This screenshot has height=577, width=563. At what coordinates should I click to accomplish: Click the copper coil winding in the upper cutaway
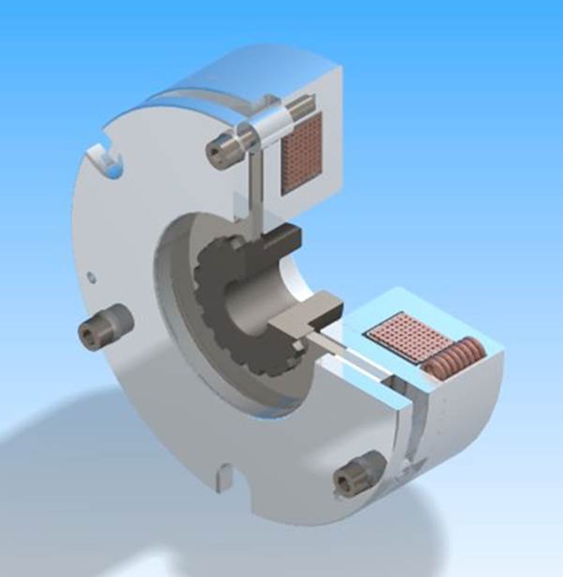pos(301,153)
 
